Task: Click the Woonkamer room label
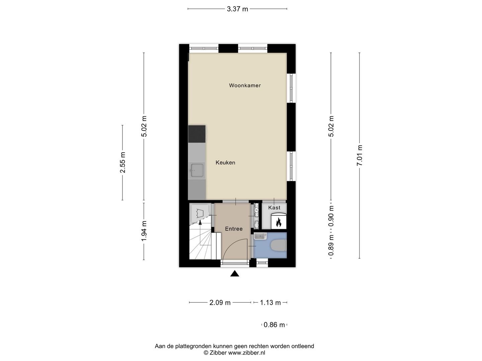click(245, 86)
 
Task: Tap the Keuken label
click(225, 163)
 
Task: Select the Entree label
click(234, 229)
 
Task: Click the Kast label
click(274, 208)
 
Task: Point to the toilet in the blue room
click(279, 246)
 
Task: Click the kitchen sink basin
click(197, 170)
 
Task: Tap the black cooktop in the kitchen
click(197, 134)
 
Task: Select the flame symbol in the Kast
click(278, 222)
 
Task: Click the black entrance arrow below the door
click(235, 274)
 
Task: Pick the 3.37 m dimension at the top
click(237, 9)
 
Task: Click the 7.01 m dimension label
click(360, 155)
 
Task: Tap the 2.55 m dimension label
click(123, 163)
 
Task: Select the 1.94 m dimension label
click(144, 231)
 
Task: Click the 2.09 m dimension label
click(220, 303)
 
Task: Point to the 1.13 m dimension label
click(270, 303)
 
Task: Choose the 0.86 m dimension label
click(274, 325)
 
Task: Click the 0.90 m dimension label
click(331, 215)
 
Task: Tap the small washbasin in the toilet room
click(260, 237)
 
